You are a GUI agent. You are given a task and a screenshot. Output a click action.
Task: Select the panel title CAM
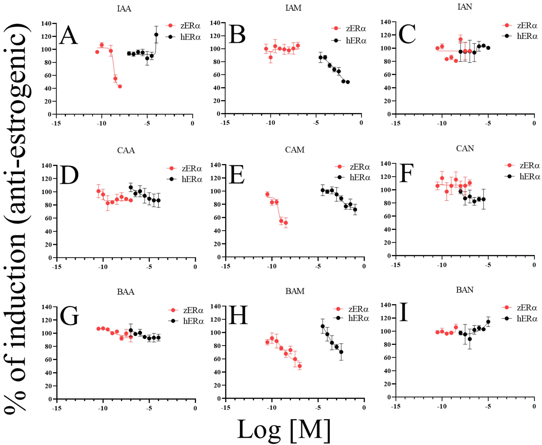pos(295,150)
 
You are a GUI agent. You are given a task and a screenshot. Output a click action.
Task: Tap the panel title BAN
pos(465,290)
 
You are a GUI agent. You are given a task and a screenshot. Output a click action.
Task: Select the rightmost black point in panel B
pos(348,82)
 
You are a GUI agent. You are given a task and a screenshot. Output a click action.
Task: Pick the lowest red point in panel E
pos(286,223)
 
